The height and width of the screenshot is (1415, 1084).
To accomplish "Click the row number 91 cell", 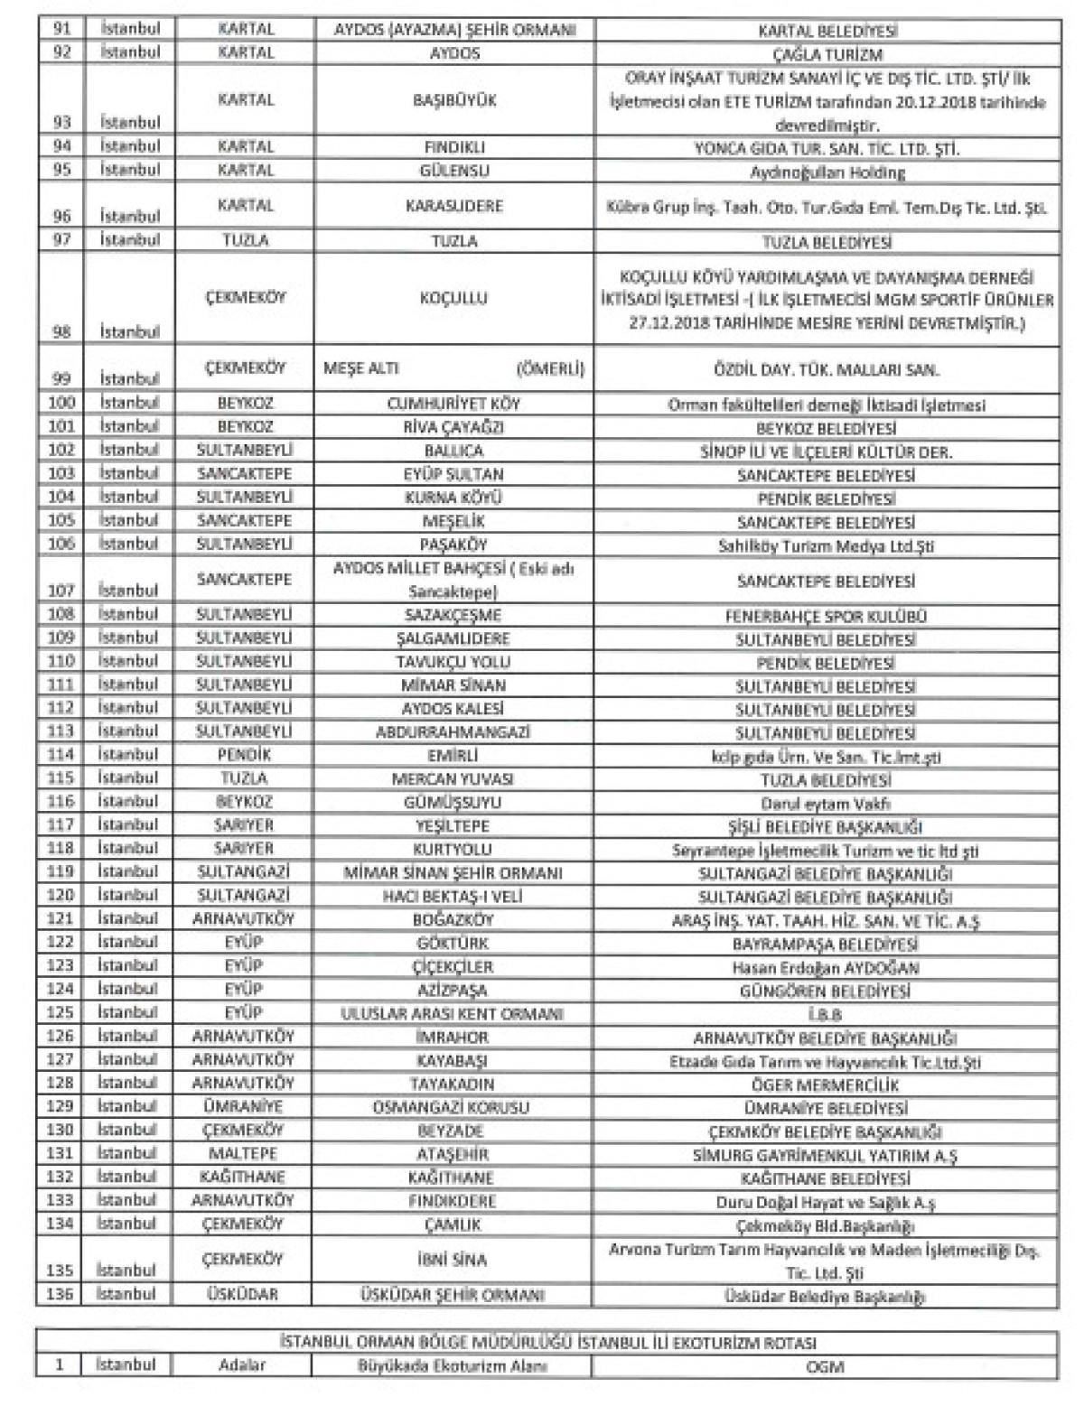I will pyautogui.click(x=61, y=29).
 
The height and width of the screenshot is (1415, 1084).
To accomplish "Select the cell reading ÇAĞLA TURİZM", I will pyautogui.click(x=827, y=54).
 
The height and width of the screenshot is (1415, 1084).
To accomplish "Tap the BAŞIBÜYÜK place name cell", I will pyautogui.click(x=453, y=99).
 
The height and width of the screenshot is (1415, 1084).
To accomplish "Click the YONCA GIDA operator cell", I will pyautogui.click(x=827, y=148).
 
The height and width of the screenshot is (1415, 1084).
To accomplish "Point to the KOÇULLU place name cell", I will pyautogui.click(x=453, y=297).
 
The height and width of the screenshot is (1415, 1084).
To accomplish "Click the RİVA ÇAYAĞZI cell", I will pyautogui.click(x=453, y=427).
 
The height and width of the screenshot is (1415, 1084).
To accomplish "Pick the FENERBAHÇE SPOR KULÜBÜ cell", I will pyautogui.click(x=827, y=617).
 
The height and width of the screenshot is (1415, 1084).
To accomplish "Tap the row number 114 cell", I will pyautogui.click(x=61, y=755).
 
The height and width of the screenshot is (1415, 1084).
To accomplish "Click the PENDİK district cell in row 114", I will pyautogui.click(x=245, y=755).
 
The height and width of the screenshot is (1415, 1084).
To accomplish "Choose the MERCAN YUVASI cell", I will pyautogui.click(x=453, y=778).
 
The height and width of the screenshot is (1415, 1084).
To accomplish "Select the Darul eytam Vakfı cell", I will pyautogui.click(x=827, y=803).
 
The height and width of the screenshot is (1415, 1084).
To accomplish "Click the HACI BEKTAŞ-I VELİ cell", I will pyautogui.click(x=453, y=897).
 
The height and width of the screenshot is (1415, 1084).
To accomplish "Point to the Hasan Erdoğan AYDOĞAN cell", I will pyautogui.click(x=827, y=967).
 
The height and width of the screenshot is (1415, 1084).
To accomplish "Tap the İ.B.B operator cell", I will pyautogui.click(x=827, y=1014).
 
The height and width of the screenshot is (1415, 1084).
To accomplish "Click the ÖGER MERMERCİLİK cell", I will pyautogui.click(x=827, y=1085).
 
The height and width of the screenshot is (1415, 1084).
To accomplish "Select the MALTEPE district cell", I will pyautogui.click(x=245, y=1154).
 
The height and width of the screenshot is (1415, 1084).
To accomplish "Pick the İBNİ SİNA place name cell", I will pyautogui.click(x=453, y=1259).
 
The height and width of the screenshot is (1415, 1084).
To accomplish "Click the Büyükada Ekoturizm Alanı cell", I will pyautogui.click(x=453, y=1365).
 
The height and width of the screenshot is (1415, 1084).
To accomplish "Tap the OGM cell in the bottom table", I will pyautogui.click(x=827, y=1366).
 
